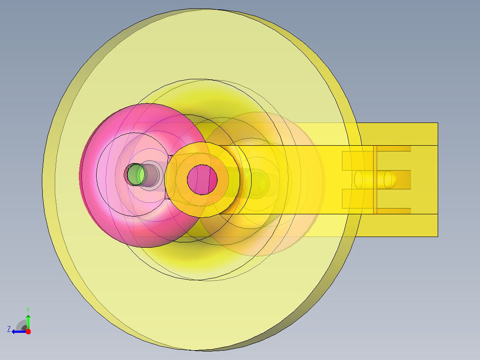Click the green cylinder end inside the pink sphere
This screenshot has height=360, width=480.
pyautogui.click(x=137, y=175)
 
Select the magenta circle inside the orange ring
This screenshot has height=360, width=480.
pyautogui.click(x=202, y=180)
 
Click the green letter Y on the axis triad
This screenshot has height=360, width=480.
pyautogui.click(x=28, y=310)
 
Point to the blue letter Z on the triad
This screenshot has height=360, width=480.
pyautogui.click(x=9, y=329)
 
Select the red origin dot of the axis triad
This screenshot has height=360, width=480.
pyautogui.click(x=28, y=331)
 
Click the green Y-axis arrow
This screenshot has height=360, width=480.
pyautogui.click(x=28, y=322)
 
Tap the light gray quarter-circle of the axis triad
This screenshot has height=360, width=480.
pyautogui.click(x=21, y=324)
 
